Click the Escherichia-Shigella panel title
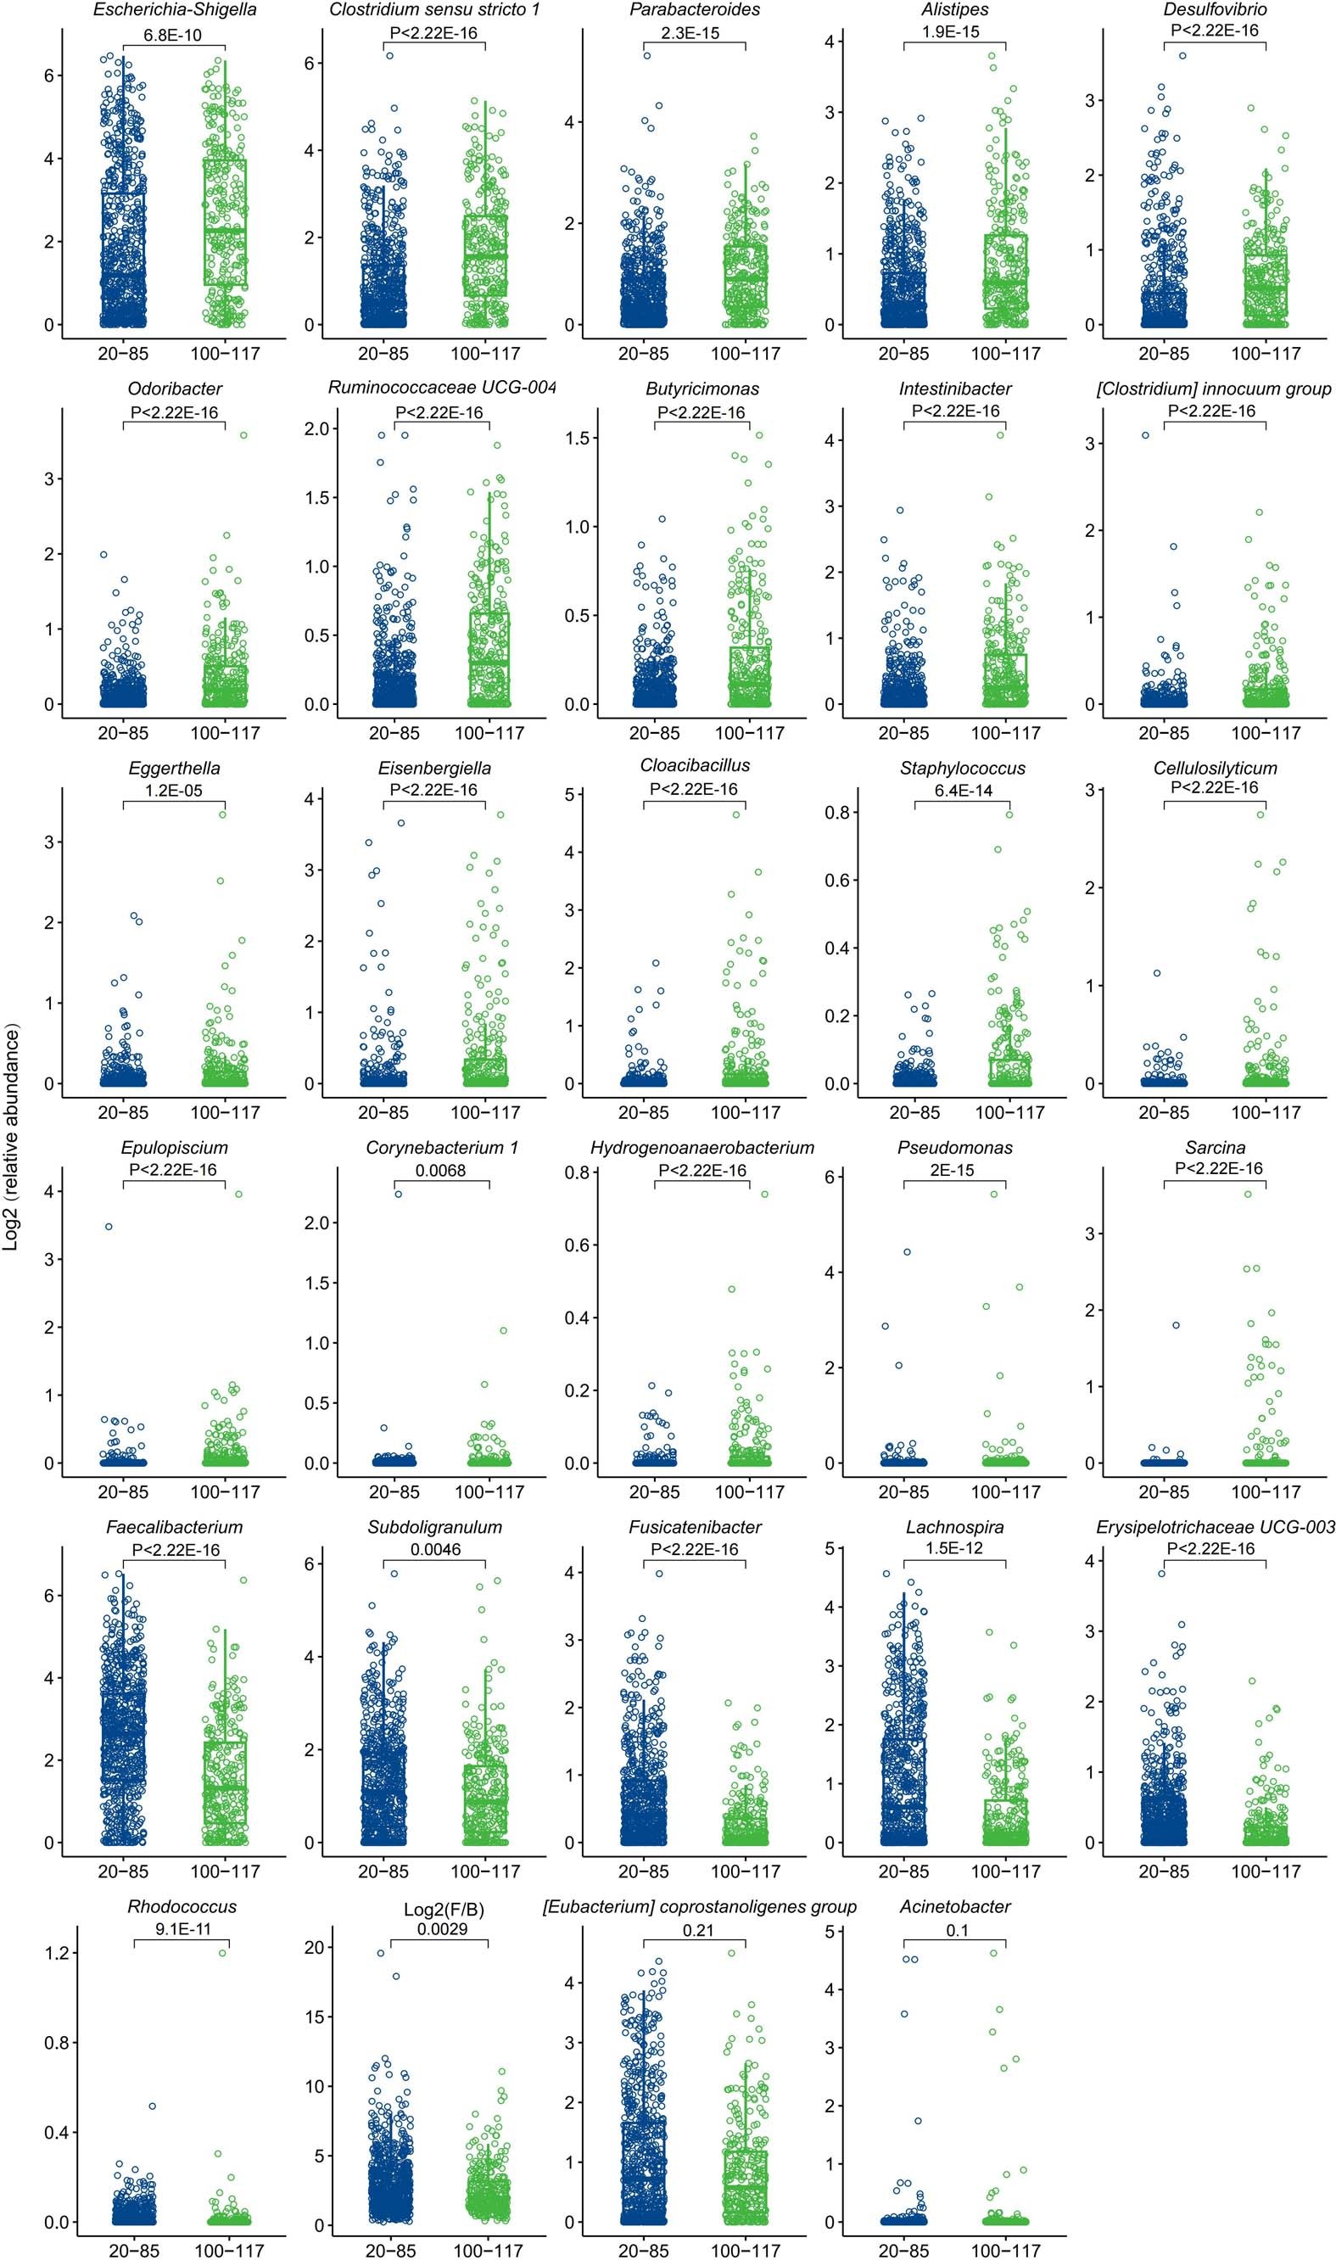[174, 10]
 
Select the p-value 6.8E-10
[174, 35]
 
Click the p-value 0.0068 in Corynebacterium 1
[441, 1171]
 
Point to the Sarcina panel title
[1215, 1148]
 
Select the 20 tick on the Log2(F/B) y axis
[313, 1948]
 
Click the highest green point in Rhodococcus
[223, 1953]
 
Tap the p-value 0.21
[698, 1931]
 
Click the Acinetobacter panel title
[954, 1907]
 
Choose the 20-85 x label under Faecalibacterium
[123, 1871]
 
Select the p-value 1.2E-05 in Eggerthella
[174, 792]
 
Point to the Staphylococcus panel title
[963, 769]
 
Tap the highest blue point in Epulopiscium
[109, 1227]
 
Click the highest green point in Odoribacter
[243, 436]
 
